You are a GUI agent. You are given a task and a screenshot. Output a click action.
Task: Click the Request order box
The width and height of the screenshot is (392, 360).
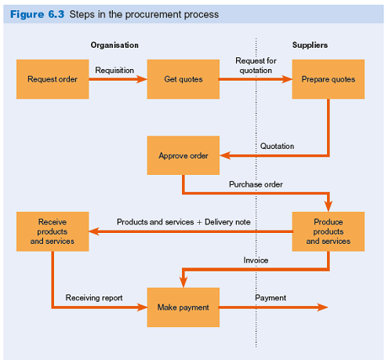coord(53,78)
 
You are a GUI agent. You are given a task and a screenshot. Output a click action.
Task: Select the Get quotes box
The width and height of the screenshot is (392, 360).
coord(182,78)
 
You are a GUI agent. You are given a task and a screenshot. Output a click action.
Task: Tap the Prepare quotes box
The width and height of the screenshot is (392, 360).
coord(328,78)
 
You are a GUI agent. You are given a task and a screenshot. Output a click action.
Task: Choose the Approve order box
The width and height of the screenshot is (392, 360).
coord(183,155)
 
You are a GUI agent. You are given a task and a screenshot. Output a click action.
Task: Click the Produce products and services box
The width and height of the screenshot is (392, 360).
coord(328,231)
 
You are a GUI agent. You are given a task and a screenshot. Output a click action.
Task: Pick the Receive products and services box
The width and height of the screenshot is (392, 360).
coord(53,231)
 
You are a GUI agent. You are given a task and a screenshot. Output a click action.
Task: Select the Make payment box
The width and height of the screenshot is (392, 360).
coord(183,307)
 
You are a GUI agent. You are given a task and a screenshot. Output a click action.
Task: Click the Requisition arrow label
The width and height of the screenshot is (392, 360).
coord(114,71)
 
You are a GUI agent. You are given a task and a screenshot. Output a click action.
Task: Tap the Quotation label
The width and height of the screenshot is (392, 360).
coord(277,146)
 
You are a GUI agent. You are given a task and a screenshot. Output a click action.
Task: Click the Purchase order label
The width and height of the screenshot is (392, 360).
coord(256,184)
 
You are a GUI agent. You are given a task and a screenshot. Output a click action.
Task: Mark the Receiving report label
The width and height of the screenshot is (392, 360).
coord(94,298)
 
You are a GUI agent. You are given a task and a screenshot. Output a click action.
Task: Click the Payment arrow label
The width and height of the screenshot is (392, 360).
coord(270,298)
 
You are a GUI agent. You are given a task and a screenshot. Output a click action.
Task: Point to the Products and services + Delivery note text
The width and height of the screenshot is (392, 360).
coord(183,222)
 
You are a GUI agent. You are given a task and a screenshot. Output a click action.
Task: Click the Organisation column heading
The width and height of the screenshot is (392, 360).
coord(114,45)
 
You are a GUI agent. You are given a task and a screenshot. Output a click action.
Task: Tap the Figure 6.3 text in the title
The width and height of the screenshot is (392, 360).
coord(37,15)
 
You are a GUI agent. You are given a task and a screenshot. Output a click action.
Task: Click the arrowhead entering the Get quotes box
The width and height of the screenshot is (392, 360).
coord(142,78)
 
